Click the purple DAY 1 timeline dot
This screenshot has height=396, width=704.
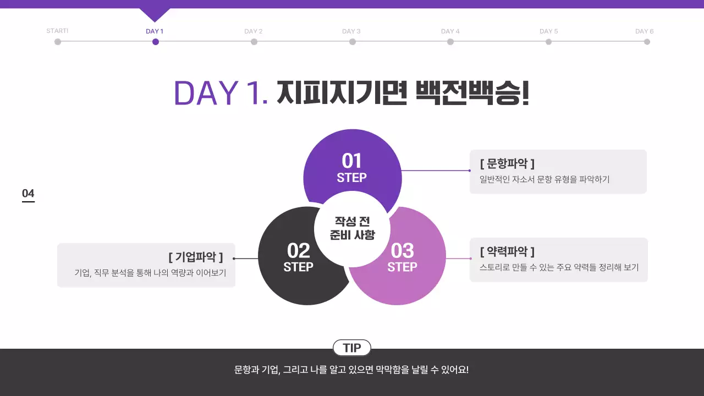tap(156, 42)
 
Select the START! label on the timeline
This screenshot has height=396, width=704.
tap(57, 31)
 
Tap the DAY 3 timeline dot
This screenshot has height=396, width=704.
tap(352, 42)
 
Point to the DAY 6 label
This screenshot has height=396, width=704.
tap(645, 31)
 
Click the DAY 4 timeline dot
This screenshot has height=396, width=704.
tap(450, 42)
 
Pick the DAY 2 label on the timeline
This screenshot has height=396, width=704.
tap(254, 31)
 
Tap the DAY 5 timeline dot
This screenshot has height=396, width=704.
tap(548, 42)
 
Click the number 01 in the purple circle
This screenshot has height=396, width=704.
tap(351, 161)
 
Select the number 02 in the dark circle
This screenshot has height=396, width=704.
tap(299, 251)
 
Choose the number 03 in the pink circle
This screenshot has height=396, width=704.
tap(402, 251)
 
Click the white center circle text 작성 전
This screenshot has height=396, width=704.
tap(352, 221)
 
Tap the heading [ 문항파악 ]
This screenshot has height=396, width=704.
tap(507, 163)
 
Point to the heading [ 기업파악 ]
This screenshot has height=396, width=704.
tap(195, 257)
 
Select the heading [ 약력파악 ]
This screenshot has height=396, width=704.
tap(507, 251)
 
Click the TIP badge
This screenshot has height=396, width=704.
tap(352, 348)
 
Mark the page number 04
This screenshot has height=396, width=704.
tap(28, 193)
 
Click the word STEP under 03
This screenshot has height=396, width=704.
tap(402, 267)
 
